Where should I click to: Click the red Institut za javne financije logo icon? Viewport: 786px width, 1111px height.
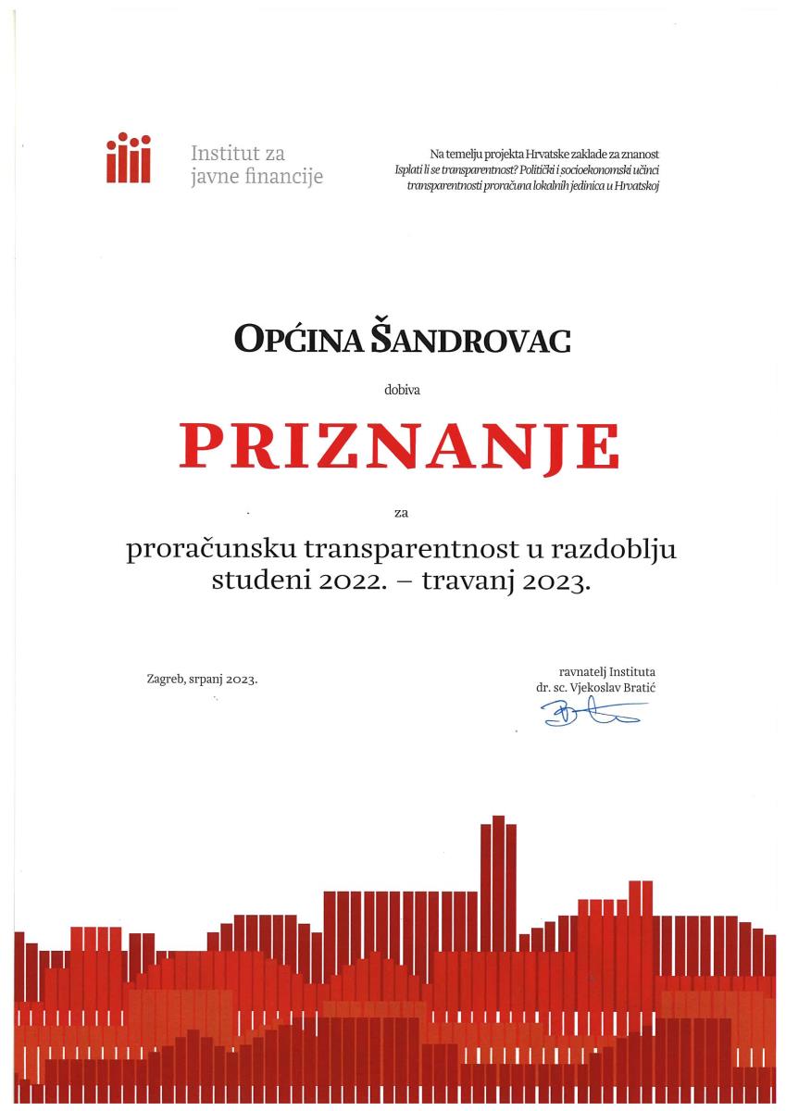[x=128, y=158]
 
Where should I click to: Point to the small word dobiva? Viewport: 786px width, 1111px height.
[x=402, y=391]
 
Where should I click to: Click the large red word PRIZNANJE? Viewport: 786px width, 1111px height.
[x=399, y=447]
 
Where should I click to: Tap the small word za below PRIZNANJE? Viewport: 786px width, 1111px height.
[x=401, y=510]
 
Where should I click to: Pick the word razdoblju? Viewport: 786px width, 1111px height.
[x=617, y=552]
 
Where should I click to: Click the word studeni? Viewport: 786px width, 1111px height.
[x=253, y=583]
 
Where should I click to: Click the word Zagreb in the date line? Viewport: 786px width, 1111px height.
[x=165, y=679]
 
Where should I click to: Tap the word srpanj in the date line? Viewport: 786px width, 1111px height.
[x=205, y=680]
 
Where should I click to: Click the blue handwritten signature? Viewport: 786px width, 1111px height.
[x=593, y=713]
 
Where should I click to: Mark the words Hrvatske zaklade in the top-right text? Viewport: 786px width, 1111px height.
[x=564, y=154]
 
